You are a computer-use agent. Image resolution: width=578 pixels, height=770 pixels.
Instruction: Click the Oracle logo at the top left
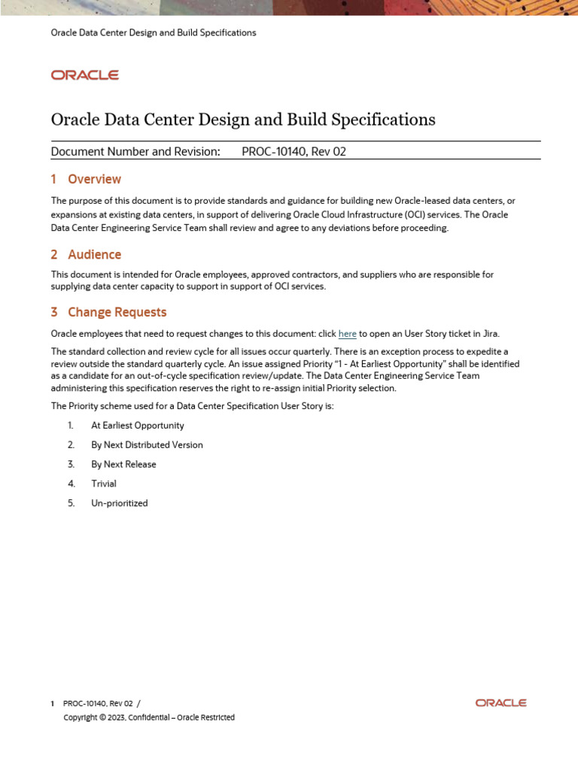point(84,75)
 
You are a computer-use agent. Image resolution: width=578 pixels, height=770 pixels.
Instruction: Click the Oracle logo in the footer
point(500,703)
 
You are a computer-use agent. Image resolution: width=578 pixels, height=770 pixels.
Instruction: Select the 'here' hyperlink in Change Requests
point(347,334)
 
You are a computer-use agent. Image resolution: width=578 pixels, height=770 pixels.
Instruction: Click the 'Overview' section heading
point(94,179)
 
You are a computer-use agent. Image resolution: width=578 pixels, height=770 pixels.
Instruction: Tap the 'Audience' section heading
point(94,255)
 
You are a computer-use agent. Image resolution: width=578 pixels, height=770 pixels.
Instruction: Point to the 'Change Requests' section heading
point(117,312)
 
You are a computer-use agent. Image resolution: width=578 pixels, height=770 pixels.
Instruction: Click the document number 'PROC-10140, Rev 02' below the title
point(294,151)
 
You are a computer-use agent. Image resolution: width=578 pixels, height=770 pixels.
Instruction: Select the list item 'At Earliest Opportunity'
point(137,426)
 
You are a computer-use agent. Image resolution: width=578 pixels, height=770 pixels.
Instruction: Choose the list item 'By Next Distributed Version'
point(147,445)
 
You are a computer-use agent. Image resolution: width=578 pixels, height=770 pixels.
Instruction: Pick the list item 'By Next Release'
point(123,465)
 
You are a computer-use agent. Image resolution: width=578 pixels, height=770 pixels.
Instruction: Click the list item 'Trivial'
point(104,484)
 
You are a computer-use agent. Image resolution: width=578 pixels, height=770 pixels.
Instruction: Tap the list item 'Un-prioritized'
point(119,504)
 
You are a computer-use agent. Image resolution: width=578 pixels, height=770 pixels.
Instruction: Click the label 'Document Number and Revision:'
point(135,151)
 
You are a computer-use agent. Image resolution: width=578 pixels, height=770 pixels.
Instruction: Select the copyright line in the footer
point(149,717)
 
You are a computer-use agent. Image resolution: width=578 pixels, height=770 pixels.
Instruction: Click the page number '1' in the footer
point(52,704)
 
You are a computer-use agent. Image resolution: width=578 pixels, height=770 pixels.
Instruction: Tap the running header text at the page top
point(153,33)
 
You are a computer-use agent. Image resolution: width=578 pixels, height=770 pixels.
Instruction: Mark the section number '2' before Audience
point(54,255)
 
